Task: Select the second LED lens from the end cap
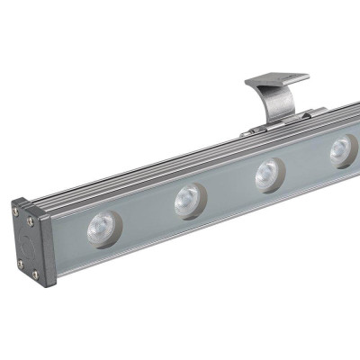click(x=189, y=200)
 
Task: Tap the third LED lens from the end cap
click(x=267, y=174)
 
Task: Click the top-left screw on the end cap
click(x=17, y=212)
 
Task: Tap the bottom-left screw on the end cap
click(x=20, y=264)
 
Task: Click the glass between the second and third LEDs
click(x=229, y=187)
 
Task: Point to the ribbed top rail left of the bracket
click(x=144, y=171)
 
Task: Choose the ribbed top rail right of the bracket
click(x=337, y=114)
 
